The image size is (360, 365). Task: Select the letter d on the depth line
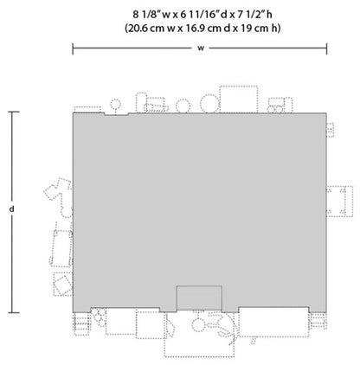tap(12, 210)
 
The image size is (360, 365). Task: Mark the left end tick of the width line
tap(73, 48)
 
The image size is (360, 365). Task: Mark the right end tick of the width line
tap(327, 48)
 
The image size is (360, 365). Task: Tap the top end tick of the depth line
tap(12, 111)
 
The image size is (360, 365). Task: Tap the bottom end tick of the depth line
tap(12, 312)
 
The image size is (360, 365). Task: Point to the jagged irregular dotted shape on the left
tap(58, 195)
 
